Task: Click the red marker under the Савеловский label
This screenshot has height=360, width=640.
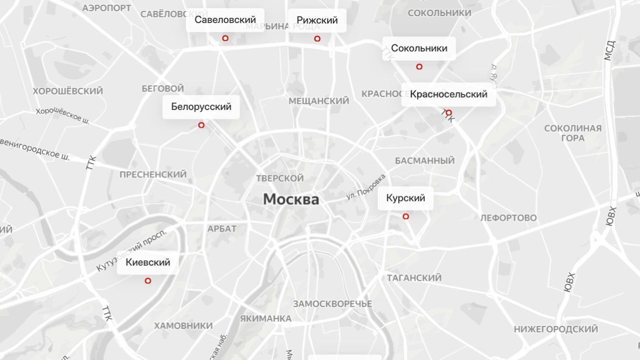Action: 225,38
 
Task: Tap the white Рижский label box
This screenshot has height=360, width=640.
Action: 317,20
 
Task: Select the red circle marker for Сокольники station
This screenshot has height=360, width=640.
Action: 419,66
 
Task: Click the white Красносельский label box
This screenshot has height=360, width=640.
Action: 448,94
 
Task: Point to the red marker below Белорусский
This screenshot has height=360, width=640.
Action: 201,125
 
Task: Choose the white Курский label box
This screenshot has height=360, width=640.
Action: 405,198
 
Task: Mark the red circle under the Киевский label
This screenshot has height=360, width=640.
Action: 148,281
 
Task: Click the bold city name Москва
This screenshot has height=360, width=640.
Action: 291,199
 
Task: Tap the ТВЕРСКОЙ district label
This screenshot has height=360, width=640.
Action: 280,178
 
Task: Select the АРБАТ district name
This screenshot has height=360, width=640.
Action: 222,229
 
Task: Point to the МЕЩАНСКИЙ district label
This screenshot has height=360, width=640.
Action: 319,101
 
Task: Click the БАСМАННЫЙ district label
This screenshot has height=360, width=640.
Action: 425,160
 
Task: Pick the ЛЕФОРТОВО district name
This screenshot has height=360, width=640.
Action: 508,218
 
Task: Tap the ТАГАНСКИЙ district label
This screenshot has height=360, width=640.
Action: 414,278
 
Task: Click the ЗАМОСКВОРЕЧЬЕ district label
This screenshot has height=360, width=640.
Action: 332,304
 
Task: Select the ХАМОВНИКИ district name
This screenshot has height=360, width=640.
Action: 183,326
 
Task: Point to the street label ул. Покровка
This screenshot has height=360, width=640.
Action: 366,187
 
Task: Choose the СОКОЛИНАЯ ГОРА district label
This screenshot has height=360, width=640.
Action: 572,133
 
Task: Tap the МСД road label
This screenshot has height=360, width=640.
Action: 608,50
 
